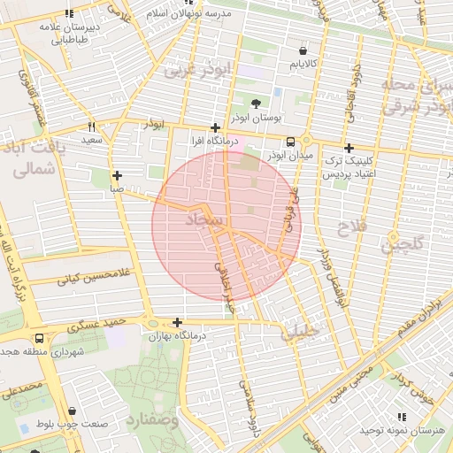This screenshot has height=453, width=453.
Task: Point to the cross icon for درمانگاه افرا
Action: tap(215, 127)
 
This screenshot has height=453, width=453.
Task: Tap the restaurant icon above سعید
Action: tap(91, 127)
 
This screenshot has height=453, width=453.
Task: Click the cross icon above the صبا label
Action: tap(117, 174)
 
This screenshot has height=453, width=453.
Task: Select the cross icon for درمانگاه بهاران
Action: tap(178, 322)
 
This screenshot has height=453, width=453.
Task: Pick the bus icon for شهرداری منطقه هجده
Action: tap(39, 338)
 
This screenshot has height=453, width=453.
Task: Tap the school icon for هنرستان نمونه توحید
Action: tap(402, 416)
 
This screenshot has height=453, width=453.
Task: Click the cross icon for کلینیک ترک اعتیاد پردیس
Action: tap(349, 149)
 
